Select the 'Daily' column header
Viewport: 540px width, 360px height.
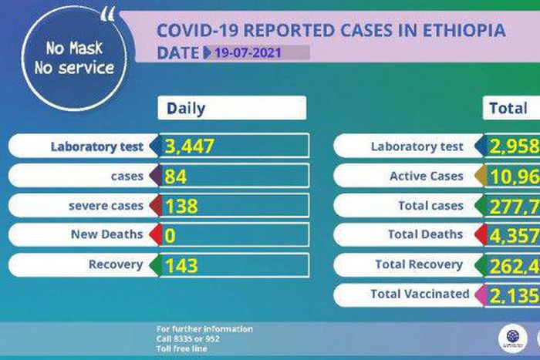point(187,109)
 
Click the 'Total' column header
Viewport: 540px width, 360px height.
point(508,109)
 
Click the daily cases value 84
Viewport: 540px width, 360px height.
point(177,176)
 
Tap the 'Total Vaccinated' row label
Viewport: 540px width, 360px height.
point(420,294)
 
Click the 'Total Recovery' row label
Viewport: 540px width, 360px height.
point(419,264)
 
